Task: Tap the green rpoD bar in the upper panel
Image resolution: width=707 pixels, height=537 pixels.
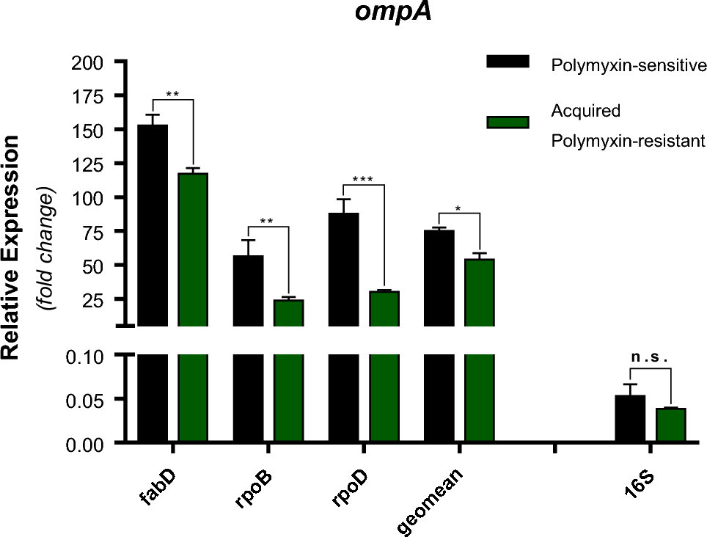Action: pos(384,308)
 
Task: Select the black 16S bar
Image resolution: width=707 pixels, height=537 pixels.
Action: pos(630,419)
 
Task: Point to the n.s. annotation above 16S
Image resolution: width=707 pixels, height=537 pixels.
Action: pos(650,358)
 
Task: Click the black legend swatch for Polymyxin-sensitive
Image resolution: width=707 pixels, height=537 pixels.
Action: pos(508,62)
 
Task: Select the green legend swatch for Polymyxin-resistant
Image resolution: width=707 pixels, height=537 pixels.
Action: pos(508,122)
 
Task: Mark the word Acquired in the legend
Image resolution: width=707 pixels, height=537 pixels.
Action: pos(585,112)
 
